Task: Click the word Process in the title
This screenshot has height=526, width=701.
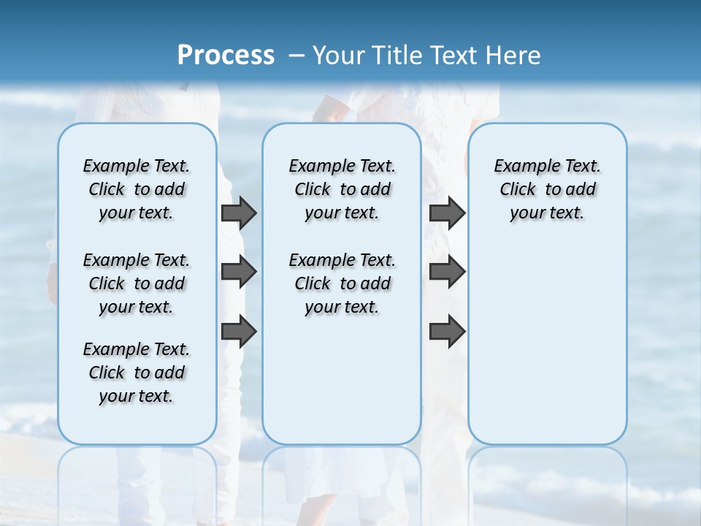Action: (226, 55)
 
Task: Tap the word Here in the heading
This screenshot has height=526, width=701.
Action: (515, 55)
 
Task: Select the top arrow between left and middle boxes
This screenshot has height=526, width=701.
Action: (239, 213)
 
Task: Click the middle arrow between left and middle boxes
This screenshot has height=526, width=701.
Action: (239, 272)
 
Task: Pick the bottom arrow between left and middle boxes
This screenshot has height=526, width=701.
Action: (239, 331)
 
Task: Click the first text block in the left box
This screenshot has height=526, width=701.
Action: (137, 189)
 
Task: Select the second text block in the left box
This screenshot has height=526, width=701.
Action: (137, 283)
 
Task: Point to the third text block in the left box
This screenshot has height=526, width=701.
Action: (137, 373)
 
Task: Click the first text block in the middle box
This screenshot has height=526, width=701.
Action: (342, 189)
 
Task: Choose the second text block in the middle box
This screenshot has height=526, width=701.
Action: (342, 283)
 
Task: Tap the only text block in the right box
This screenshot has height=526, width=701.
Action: (547, 189)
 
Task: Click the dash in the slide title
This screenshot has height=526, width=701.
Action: (296, 56)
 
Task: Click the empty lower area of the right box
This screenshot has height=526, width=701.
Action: (547, 351)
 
